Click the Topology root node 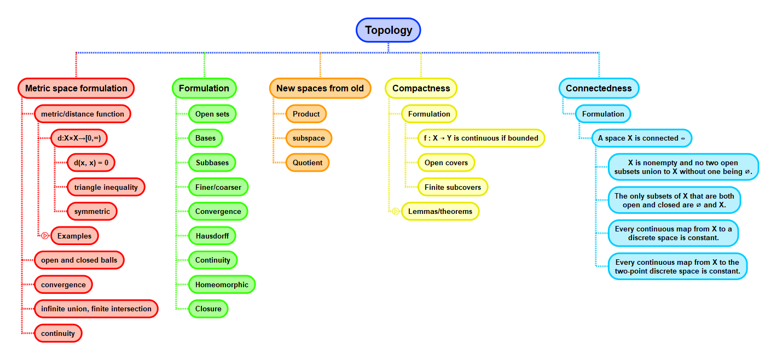point(389,30)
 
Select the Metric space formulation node point(76,88)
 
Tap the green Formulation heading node point(204,88)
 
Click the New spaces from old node point(320,88)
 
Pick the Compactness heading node point(421,88)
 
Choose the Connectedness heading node point(599,88)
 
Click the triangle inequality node point(106,187)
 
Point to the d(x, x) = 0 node point(91,162)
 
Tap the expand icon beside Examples point(45,236)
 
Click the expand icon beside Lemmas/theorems point(396,211)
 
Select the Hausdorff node point(212,236)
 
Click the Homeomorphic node point(222,284)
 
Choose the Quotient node point(308,162)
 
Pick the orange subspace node point(309,138)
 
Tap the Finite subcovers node point(453,187)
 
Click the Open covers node point(446,162)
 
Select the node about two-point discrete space point(677,266)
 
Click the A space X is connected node point(641,138)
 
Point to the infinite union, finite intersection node point(96,309)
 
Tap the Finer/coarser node point(218,187)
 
